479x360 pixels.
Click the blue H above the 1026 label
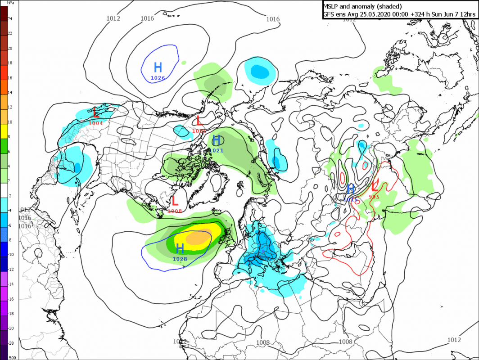coord(158,67)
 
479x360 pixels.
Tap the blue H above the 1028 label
coord(180,248)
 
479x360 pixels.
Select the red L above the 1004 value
coord(96,113)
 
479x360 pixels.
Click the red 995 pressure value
coord(374,197)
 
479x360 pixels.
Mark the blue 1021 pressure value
coord(216,150)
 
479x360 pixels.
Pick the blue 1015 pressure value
coord(351,199)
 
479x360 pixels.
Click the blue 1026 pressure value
coord(158,78)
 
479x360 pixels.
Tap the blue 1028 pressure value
coord(180,259)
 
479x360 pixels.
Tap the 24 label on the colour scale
coord(10,19)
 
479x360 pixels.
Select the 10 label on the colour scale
coord(10,121)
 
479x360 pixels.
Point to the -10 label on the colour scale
coord(11,255)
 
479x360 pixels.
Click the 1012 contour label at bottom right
coord(454,340)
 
